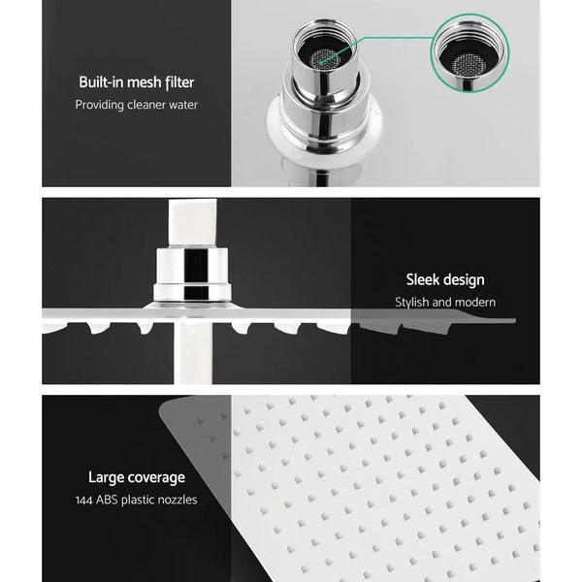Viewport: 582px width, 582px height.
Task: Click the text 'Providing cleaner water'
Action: [x=137, y=105]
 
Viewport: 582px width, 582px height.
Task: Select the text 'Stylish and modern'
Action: [x=444, y=303]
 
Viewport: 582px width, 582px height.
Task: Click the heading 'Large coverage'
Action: [x=137, y=477]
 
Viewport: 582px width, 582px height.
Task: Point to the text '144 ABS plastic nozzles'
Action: [x=137, y=500]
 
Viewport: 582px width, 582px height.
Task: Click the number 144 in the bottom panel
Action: [x=86, y=500]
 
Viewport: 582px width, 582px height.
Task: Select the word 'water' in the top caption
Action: [x=181, y=105]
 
